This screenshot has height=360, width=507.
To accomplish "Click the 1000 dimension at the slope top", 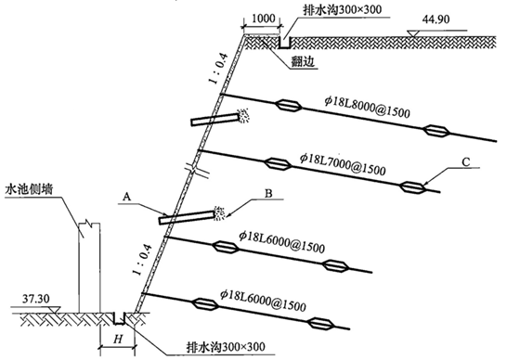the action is click(x=263, y=19).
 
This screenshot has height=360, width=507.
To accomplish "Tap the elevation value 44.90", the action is click(x=435, y=19).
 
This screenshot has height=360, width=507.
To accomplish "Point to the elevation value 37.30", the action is click(x=36, y=299).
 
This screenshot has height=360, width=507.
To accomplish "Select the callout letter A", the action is click(x=127, y=196).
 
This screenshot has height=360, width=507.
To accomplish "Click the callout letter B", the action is click(x=268, y=193).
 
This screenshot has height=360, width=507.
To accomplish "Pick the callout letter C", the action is click(x=465, y=161).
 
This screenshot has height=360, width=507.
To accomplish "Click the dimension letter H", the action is click(x=118, y=339).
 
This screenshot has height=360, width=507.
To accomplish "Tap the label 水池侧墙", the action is click(x=29, y=189).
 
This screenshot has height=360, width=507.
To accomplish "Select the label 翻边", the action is click(x=303, y=61).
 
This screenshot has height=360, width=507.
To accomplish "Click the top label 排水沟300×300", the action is click(x=342, y=9).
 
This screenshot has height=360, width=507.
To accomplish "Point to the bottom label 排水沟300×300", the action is click(x=226, y=347).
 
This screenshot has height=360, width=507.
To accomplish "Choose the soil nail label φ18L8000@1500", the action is click(x=367, y=108).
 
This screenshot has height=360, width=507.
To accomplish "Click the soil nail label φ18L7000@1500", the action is click(x=343, y=164).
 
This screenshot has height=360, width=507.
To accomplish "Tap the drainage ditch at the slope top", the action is click(x=284, y=43).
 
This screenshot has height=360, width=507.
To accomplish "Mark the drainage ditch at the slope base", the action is click(x=119, y=318).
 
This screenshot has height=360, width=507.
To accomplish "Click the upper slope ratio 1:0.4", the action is click(x=219, y=69).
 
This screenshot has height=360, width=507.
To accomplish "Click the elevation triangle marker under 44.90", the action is click(x=412, y=33).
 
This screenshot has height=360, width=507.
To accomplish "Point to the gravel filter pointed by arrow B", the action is click(x=219, y=213).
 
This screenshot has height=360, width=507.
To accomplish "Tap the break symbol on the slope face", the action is click(x=197, y=171).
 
